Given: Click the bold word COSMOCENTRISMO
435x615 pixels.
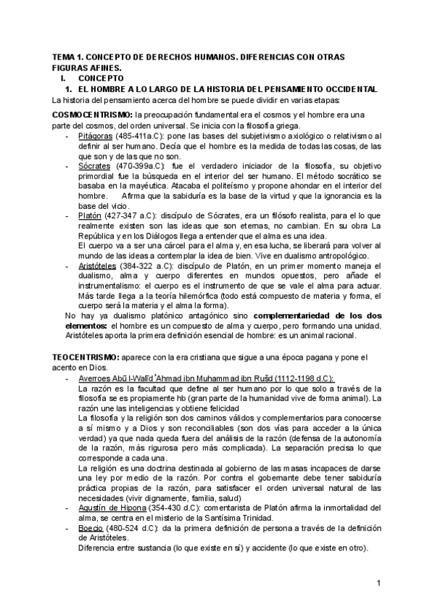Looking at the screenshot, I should click(93, 115).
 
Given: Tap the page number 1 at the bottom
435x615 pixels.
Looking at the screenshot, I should click(379, 583).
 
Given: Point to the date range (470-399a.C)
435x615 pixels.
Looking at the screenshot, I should click(144, 166).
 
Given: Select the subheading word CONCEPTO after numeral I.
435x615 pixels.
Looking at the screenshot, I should click(102, 77).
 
